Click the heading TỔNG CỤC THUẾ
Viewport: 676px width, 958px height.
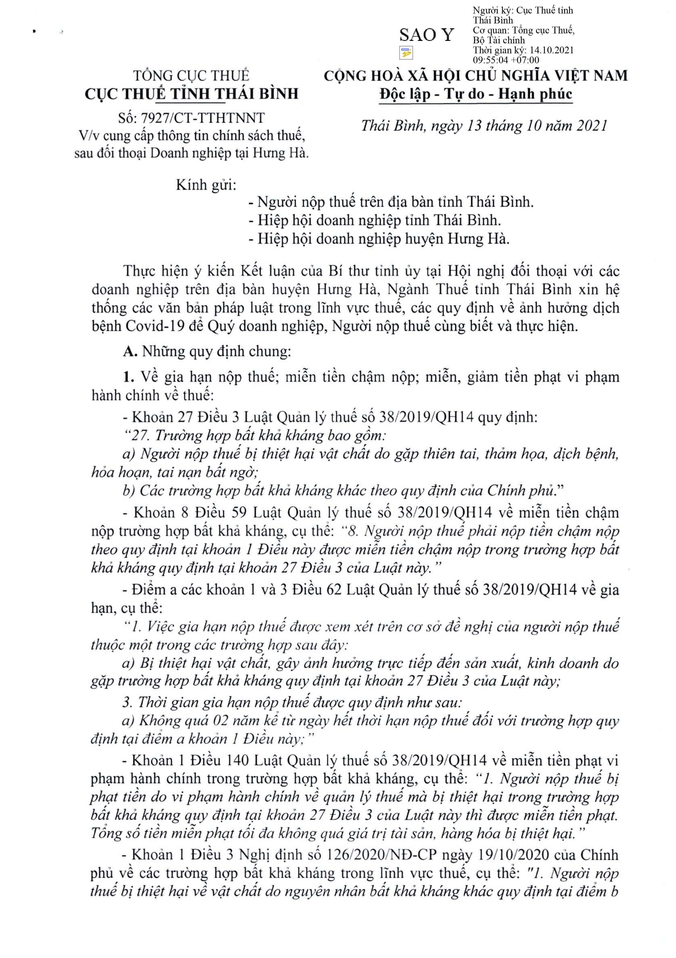click(x=191, y=76)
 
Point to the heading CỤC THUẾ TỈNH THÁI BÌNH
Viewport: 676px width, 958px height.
click(x=192, y=93)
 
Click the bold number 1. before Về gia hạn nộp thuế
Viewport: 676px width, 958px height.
click(x=129, y=377)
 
